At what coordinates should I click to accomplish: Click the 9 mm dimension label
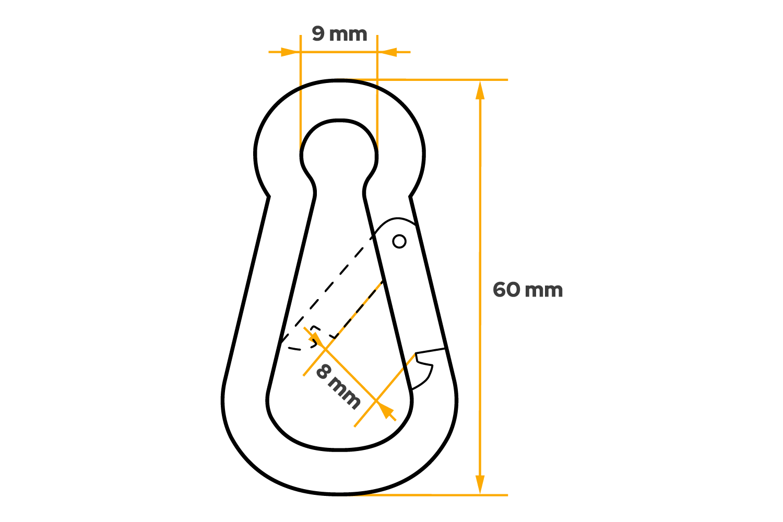pos(339,34)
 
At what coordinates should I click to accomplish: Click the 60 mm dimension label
pos(528,290)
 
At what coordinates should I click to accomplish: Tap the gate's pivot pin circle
pos(399,241)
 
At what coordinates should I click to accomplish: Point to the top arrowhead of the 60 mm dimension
pos(480,90)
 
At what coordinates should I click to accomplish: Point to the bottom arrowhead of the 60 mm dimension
pos(480,484)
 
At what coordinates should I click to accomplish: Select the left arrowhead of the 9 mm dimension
pos(289,52)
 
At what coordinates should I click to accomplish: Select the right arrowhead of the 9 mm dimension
pos(388,52)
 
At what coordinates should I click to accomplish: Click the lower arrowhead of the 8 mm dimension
pos(386,411)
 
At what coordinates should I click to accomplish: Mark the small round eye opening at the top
pos(339,149)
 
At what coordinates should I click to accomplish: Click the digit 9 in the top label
pos(318,34)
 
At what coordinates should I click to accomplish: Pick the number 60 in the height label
pos(506,290)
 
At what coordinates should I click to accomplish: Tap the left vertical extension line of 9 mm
pos(301,104)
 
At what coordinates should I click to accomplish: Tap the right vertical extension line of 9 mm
pos(377,104)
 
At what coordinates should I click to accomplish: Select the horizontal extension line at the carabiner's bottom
pos(444,494)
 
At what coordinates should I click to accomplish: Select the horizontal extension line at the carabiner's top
pos(444,80)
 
